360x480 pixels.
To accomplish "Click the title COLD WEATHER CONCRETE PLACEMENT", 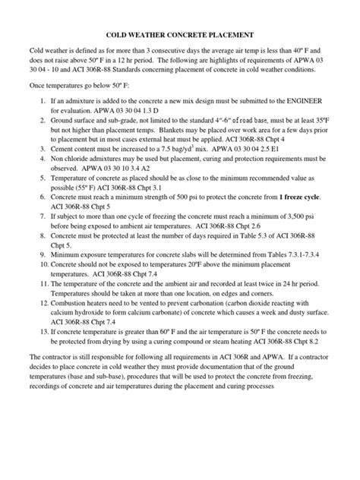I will [179, 34].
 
